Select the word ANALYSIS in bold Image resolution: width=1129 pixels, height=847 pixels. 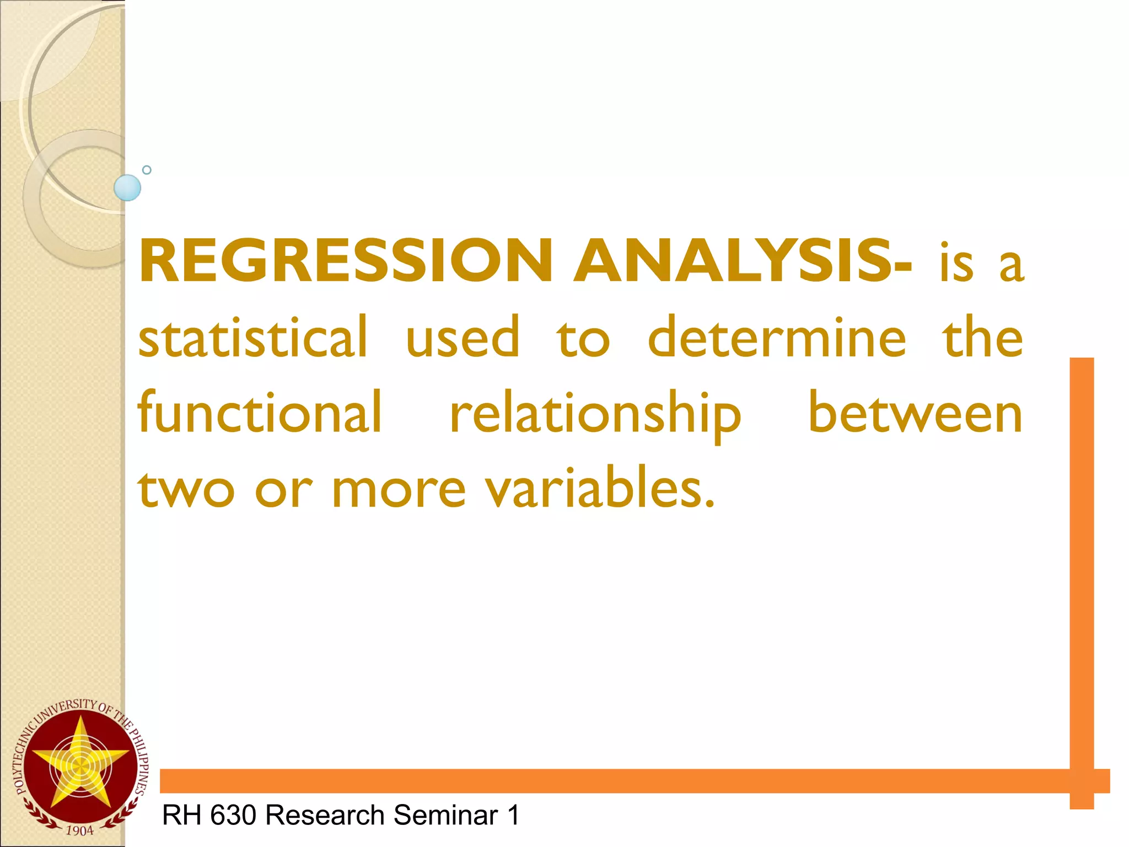coord(733,260)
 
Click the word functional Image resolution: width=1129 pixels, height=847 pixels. coord(259,412)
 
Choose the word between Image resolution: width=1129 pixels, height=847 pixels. coord(915,412)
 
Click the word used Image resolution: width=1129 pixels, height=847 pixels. coord(462,337)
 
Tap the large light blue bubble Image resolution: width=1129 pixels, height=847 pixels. coord(127,187)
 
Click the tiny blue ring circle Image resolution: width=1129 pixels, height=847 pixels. coord(147,170)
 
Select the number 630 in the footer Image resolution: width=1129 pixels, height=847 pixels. coord(233,815)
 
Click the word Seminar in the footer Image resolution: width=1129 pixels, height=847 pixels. coord(446,815)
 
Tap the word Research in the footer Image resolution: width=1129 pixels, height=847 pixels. coord(325,815)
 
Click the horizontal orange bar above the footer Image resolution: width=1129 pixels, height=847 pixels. coord(606,781)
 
